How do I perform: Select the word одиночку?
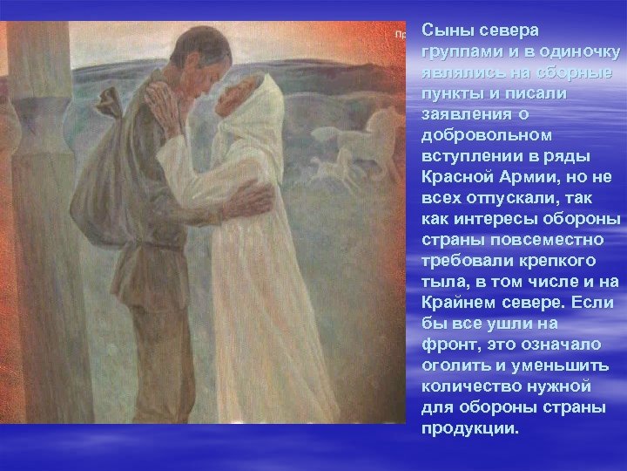pos(576,51)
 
